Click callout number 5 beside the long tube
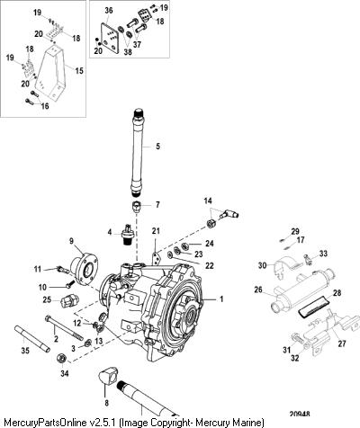click(x=157, y=147)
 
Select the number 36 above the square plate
click(x=109, y=11)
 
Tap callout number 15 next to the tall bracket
click(x=79, y=71)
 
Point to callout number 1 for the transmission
click(x=221, y=299)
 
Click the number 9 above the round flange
click(x=71, y=240)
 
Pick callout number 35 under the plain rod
click(x=25, y=350)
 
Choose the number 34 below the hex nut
click(x=65, y=373)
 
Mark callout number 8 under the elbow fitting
click(x=106, y=403)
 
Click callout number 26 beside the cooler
click(x=258, y=290)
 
